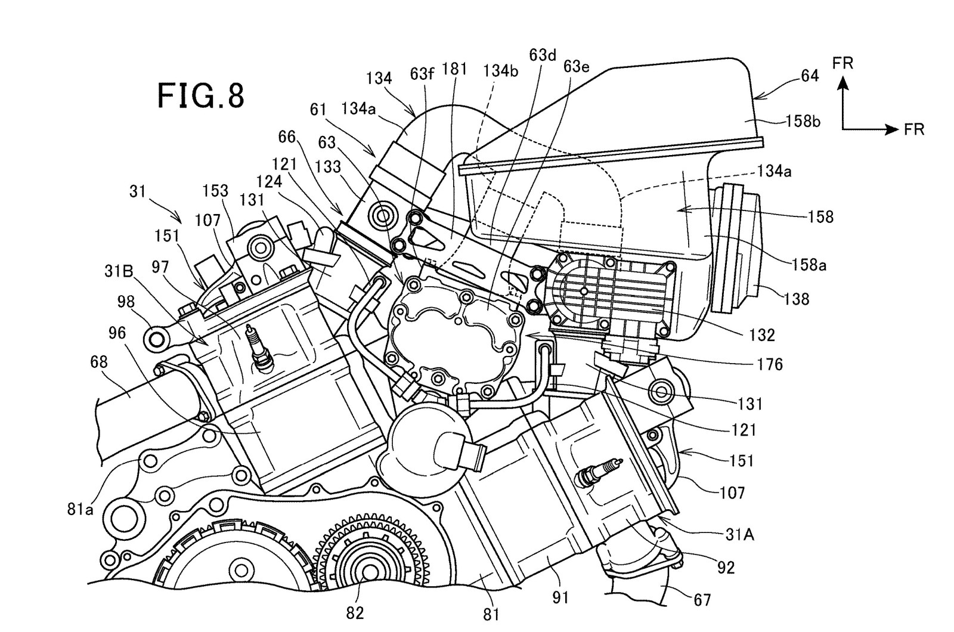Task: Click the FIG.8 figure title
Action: [201, 95]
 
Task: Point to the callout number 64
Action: [810, 76]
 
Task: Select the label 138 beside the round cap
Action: [796, 299]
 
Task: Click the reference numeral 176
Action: [770, 364]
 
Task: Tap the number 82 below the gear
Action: [355, 613]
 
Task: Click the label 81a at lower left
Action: [80, 509]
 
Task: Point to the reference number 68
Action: [99, 362]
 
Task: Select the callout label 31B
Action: [119, 271]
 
